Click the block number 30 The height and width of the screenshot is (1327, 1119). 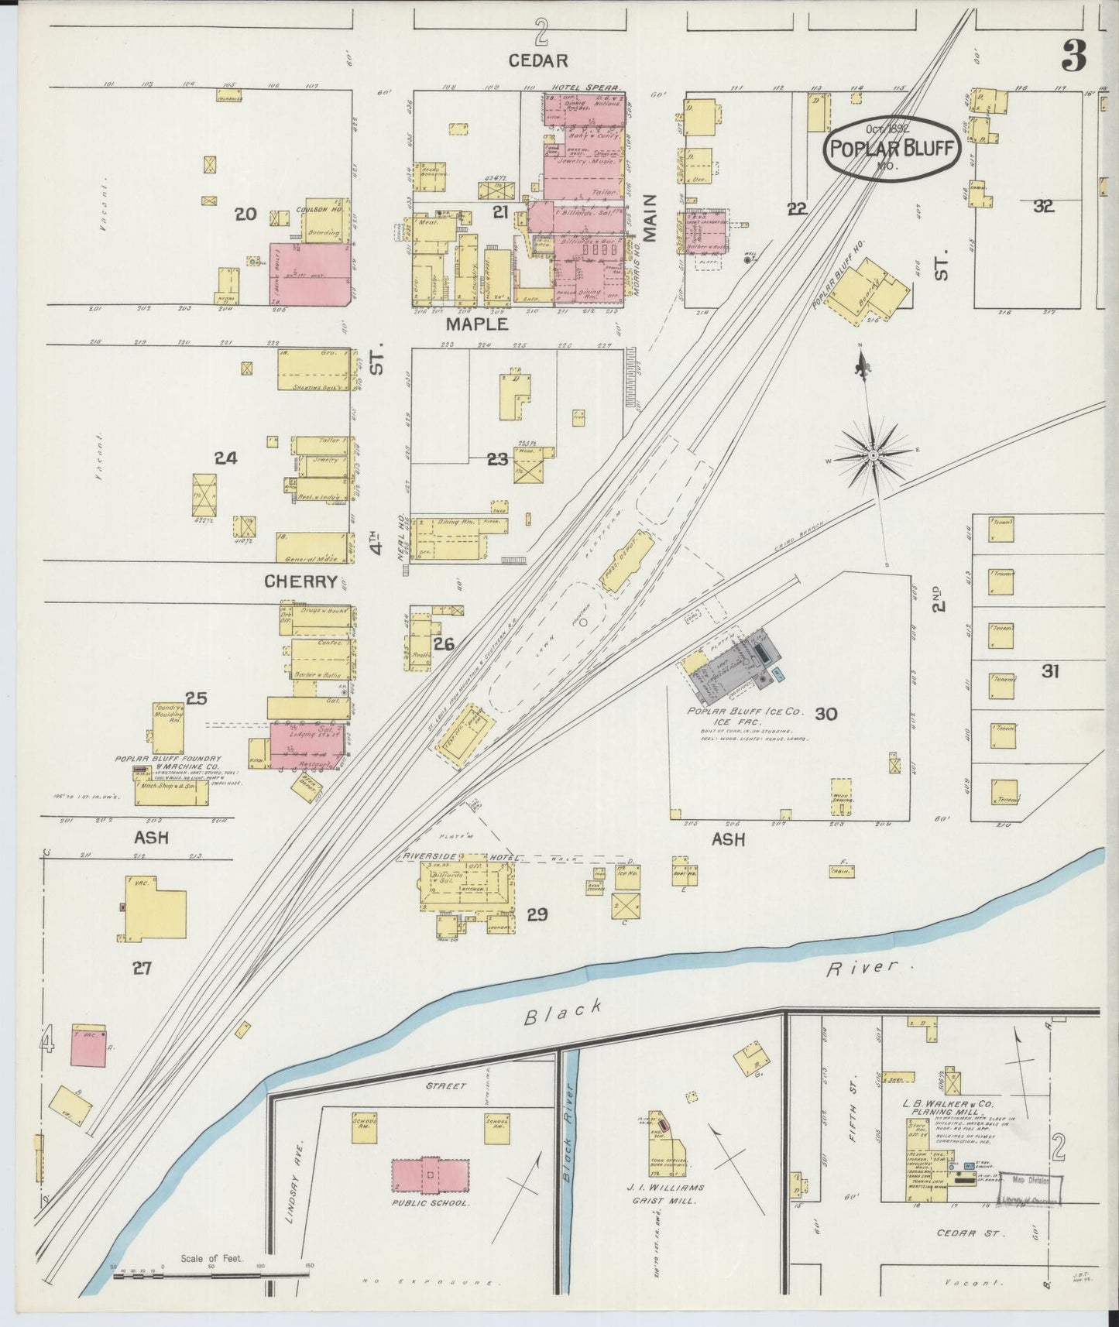tap(826, 714)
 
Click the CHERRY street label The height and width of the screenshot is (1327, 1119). tap(301, 581)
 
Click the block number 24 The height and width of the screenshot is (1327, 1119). tap(225, 458)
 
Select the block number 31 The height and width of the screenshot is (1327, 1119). tap(1049, 671)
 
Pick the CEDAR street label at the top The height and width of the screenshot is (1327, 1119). tap(538, 60)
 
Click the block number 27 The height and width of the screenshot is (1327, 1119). tap(141, 967)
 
